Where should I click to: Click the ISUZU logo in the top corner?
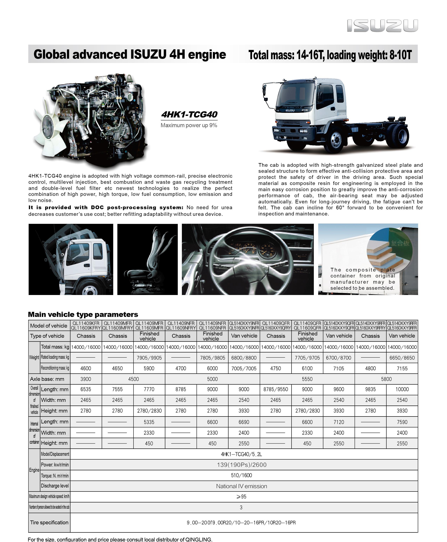382,26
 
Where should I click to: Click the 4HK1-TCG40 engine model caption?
189,115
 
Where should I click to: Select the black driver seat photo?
148,259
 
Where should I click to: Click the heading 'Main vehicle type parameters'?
83,314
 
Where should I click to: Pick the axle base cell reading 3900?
86,379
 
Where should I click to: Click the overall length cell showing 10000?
402,389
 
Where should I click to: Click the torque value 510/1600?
241,475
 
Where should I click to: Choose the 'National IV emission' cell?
241,486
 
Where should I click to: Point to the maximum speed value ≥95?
241,497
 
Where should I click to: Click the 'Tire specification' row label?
49,522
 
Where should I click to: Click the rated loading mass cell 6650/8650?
402,358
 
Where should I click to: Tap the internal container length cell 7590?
402,422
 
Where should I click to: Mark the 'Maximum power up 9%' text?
189,125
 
